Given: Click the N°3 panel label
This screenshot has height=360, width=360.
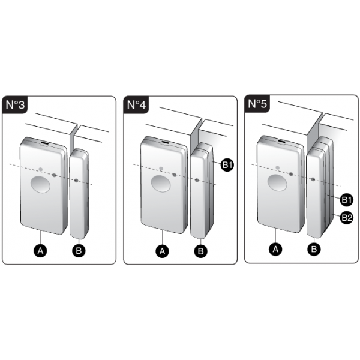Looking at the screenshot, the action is [x=15, y=105].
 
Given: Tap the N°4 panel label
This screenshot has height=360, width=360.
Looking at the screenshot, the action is [x=136, y=105].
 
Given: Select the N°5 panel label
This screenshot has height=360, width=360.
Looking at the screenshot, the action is [x=257, y=104].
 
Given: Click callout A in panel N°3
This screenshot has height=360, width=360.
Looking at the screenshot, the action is [x=40, y=250].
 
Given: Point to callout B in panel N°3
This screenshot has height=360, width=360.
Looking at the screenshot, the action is [x=79, y=250].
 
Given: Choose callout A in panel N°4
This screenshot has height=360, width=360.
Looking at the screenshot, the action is [x=163, y=251].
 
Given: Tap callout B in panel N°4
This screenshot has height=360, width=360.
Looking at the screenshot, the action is [x=200, y=251].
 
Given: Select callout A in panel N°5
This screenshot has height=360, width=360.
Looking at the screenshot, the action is [x=275, y=249].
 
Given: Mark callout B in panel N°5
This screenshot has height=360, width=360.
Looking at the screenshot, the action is [x=314, y=249].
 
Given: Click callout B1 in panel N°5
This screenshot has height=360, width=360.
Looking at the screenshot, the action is [x=347, y=200].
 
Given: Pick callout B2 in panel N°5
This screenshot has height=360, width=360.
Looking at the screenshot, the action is [x=347, y=217].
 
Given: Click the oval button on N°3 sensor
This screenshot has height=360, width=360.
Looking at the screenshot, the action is [x=40, y=184].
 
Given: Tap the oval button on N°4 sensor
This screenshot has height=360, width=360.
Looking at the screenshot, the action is [x=161, y=184].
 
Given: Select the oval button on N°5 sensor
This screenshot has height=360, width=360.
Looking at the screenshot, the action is [x=277, y=183].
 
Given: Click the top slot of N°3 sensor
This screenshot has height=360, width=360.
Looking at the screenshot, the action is [x=44, y=143].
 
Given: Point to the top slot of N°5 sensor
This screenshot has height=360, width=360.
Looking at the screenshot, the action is [x=282, y=142].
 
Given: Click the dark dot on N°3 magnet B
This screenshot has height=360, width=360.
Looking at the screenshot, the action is [x=76, y=181].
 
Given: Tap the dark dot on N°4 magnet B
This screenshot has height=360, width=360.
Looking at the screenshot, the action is [x=197, y=180].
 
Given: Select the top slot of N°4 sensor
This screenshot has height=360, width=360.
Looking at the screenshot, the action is [x=165, y=143].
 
